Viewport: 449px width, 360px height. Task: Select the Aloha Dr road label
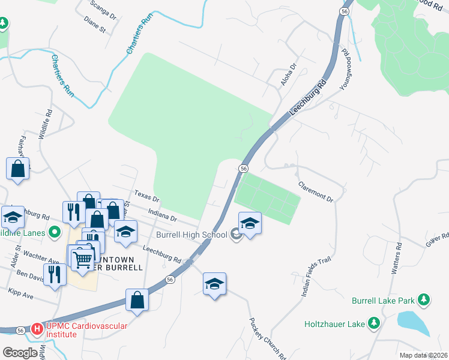point(287,76)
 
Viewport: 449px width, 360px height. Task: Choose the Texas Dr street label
point(146,196)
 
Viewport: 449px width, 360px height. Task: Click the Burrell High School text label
point(191,234)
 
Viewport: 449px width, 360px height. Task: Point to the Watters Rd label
point(396,259)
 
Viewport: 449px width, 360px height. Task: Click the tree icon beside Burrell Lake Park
point(424,299)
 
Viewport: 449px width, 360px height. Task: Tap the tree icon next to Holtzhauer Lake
point(375,324)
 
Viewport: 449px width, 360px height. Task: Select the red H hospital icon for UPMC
point(37,329)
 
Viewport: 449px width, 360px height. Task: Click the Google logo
point(20,353)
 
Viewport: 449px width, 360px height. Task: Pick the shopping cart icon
point(82,259)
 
